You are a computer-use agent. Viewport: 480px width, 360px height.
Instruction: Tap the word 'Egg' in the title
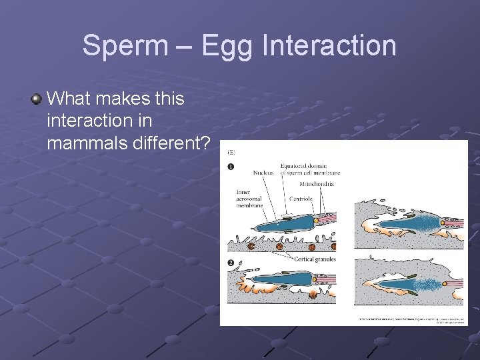pos(226,46)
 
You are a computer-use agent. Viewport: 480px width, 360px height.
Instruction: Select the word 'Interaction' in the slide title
pos(330,46)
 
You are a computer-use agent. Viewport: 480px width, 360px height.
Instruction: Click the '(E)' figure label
pos(231,153)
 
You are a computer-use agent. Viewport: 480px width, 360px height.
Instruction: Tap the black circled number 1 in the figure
pos(231,167)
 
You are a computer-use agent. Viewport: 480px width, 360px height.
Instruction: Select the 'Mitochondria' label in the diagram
pos(317,183)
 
